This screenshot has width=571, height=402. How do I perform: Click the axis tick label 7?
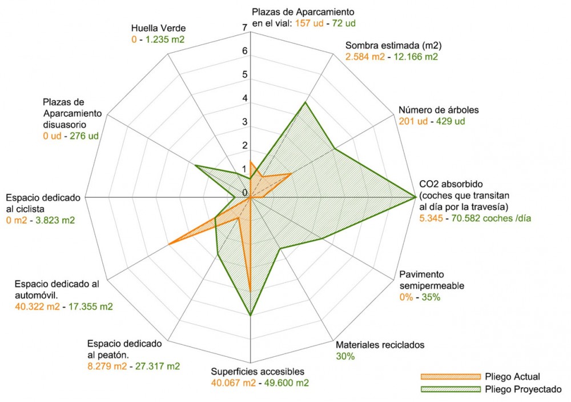point(244,27)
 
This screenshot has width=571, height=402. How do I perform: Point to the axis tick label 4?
point(244,98)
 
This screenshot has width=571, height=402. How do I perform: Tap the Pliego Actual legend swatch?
point(445,377)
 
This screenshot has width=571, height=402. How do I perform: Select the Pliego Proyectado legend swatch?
point(445,389)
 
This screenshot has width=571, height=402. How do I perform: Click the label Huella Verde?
point(154,29)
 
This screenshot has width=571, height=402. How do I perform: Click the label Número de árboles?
point(431,110)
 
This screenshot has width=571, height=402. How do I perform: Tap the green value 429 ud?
point(451,121)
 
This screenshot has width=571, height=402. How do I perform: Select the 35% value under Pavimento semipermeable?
point(431,297)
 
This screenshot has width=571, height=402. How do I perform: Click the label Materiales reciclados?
point(380,345)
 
